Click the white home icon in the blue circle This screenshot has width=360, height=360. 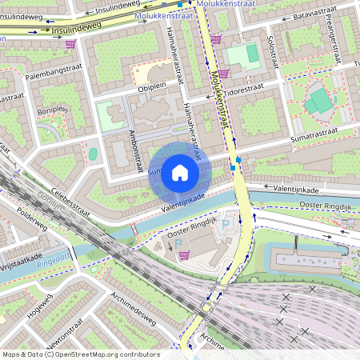point(180,173)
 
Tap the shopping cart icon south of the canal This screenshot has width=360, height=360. point(185,255)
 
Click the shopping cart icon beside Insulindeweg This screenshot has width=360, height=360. point(71,43)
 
